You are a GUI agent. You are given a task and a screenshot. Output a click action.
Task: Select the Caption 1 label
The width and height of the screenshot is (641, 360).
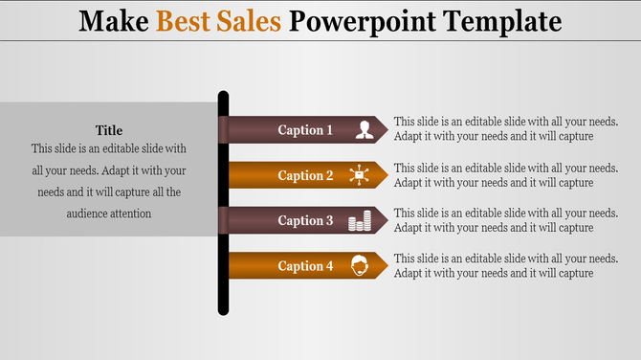(x=305, y=130)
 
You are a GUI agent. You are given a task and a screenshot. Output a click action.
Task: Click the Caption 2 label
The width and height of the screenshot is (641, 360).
(x=305, y=175)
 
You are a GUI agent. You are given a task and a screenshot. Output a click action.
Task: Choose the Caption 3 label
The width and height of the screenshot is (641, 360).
(x=305, y=221)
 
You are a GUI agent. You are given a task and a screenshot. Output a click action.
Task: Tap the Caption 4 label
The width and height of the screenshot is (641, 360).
(x=305, y=266)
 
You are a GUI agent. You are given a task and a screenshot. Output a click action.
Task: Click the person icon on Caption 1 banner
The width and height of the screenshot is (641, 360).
(x=364, y=130)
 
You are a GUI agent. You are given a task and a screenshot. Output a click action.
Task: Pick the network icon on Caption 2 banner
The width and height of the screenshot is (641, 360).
(x=360, y=175)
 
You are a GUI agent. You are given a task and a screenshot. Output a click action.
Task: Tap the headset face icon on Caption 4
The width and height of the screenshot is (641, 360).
(x=360, y=265)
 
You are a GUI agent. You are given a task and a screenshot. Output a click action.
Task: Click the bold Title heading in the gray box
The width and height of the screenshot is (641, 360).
(x=109, y=130)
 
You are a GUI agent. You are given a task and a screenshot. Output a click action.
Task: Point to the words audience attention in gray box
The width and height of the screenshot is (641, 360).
(x=109, y=214)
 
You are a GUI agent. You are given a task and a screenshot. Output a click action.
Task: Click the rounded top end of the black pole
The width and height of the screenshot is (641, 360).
(x=223, y=96)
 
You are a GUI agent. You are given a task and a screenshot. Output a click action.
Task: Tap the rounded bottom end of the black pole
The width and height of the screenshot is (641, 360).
(x=223, y=309)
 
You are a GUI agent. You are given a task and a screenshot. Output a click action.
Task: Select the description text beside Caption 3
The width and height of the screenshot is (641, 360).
(x=506, y=220)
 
